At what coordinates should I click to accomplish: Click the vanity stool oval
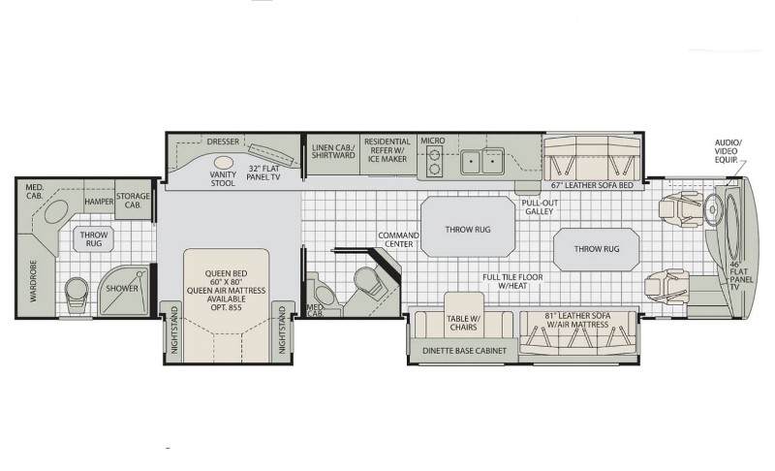pos(224,163)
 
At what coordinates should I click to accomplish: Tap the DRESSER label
pos(223,141)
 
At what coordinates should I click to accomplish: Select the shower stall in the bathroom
pos(123,291)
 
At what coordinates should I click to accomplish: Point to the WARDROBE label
pos(33,281)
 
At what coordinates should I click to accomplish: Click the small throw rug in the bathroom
pos(93,239)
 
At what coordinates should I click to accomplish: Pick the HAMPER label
pos(99,202)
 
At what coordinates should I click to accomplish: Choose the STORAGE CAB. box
pos(133,200)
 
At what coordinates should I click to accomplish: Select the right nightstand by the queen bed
pos(282,331)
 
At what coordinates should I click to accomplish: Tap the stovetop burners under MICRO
pos(434,162)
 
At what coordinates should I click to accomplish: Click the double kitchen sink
pos(481,161)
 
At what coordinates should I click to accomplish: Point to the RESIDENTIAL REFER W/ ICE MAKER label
pos(387,150)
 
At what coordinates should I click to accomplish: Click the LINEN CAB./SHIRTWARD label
pos(333,151)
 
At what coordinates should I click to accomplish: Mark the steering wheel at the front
pos(712,209)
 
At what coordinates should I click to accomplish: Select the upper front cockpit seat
pos(680,210)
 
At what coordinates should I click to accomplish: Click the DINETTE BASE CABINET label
pos(465,351)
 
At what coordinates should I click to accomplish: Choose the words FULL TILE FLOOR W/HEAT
pos(512,282)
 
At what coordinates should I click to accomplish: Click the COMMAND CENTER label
pos(398,239)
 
